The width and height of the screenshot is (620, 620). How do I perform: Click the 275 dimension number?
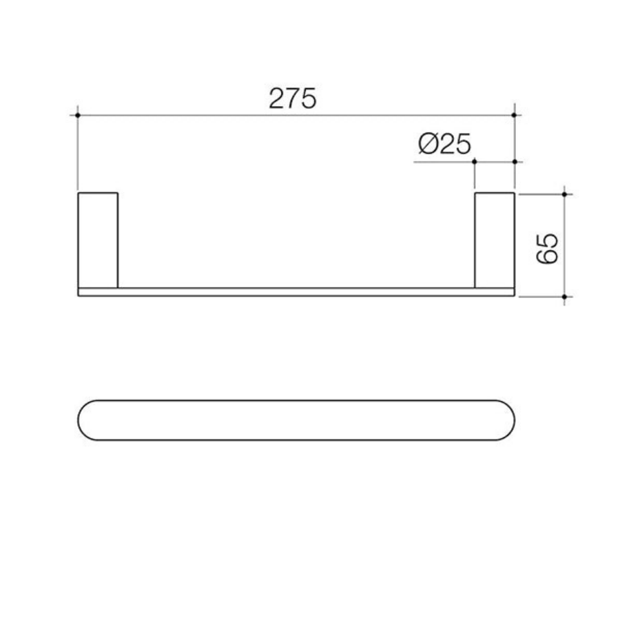click(292, 99)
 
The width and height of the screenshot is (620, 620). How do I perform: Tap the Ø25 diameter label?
click(444, 145)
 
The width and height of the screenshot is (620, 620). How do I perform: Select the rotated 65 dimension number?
click(546, 247)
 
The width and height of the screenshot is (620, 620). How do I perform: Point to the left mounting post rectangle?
click(98, 240)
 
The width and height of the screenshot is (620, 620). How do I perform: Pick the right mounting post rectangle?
click(495, 240)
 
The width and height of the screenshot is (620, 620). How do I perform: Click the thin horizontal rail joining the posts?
click(296, 292)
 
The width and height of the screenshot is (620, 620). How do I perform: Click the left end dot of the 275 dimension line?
click(78, 115)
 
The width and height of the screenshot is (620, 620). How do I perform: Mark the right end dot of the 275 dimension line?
click(515, 115)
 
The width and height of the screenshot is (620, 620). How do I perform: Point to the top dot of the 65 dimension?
click(564, 194)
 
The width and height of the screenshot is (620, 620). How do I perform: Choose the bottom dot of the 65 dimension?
click(564, 297)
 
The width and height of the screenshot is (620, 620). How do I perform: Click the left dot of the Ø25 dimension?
click(475, 161)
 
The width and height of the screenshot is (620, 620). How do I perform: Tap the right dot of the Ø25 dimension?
click(515, 161)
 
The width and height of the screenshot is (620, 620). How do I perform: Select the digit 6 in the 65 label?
click(546, 256)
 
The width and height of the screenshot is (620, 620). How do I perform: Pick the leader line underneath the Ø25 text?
click(441, 161)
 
